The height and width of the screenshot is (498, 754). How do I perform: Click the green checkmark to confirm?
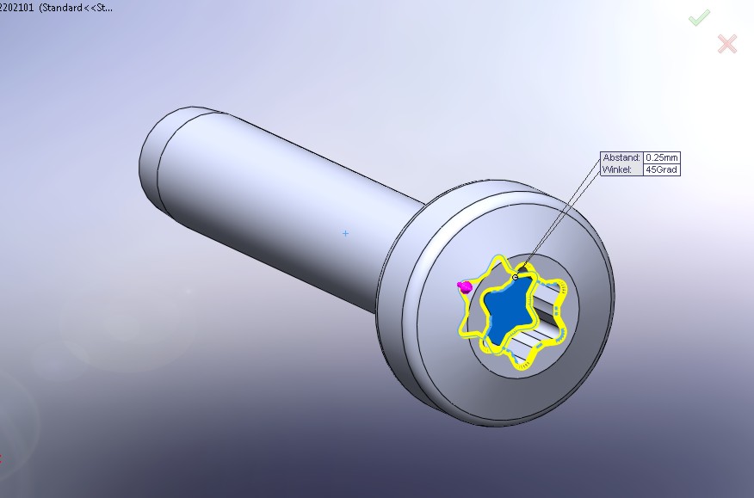pos(699,18)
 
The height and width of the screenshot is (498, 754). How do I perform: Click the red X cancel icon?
pos(727,44)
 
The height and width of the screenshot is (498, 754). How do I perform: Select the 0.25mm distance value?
pos(662,157)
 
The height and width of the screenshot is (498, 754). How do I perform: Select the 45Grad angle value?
pos(662,169)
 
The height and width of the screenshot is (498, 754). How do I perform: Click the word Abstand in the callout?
pos(621,157)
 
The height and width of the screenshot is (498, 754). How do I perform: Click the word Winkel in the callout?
pos(617,169)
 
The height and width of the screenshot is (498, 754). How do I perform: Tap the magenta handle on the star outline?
pos(465,287)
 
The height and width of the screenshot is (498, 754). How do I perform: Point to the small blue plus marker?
pos(345,234)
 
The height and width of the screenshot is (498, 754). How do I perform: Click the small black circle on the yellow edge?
pos(516,277)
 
